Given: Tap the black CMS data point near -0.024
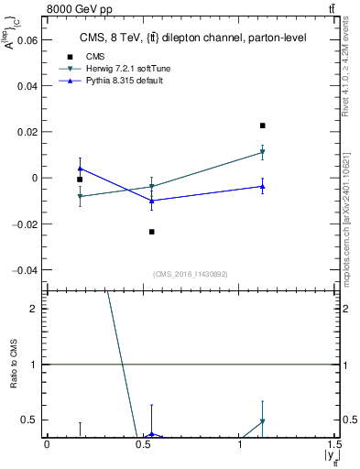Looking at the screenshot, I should click(152, 232).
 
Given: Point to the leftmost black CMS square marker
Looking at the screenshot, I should click(80, 180).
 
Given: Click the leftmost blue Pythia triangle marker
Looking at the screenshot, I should click(80, 169).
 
